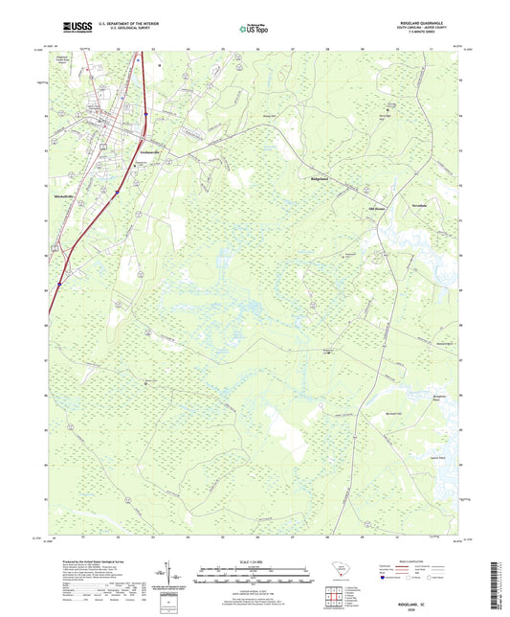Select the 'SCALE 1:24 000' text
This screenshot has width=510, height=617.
pyautogui.click(x=255, y=561)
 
